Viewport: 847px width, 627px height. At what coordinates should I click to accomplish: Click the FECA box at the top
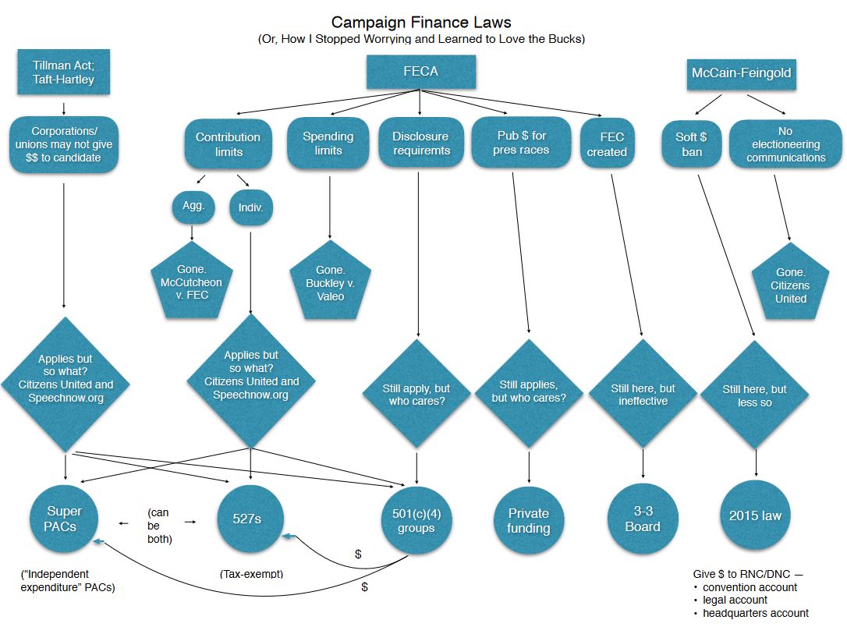point(420,72)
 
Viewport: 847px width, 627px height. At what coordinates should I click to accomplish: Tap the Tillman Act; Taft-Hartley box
point(63,73)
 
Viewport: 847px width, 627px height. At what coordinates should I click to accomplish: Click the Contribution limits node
point(228,144)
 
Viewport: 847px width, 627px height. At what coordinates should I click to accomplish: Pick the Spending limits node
point(328,143)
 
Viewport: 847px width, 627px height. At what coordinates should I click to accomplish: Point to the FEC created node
point(607,144)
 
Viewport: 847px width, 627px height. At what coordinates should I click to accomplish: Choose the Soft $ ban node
point(692,144)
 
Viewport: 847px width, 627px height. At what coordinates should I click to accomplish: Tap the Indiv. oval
point(250,207)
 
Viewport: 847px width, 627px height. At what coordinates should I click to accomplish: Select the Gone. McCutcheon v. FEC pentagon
point(192,282)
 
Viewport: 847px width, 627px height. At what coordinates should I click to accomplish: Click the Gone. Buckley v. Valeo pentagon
point(330,283)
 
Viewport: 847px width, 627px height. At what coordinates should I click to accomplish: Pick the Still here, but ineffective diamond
point(643,395)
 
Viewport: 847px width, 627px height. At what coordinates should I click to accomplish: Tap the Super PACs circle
point(64,519)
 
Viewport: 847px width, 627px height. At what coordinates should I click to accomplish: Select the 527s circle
point(250,519)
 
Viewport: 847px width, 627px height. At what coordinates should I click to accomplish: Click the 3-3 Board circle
point(642,519)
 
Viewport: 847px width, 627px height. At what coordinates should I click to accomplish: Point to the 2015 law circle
point(755,515)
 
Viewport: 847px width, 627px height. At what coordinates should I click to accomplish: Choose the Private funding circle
point(529,520)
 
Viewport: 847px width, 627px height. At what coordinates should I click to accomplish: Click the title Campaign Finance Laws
point(421,22)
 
